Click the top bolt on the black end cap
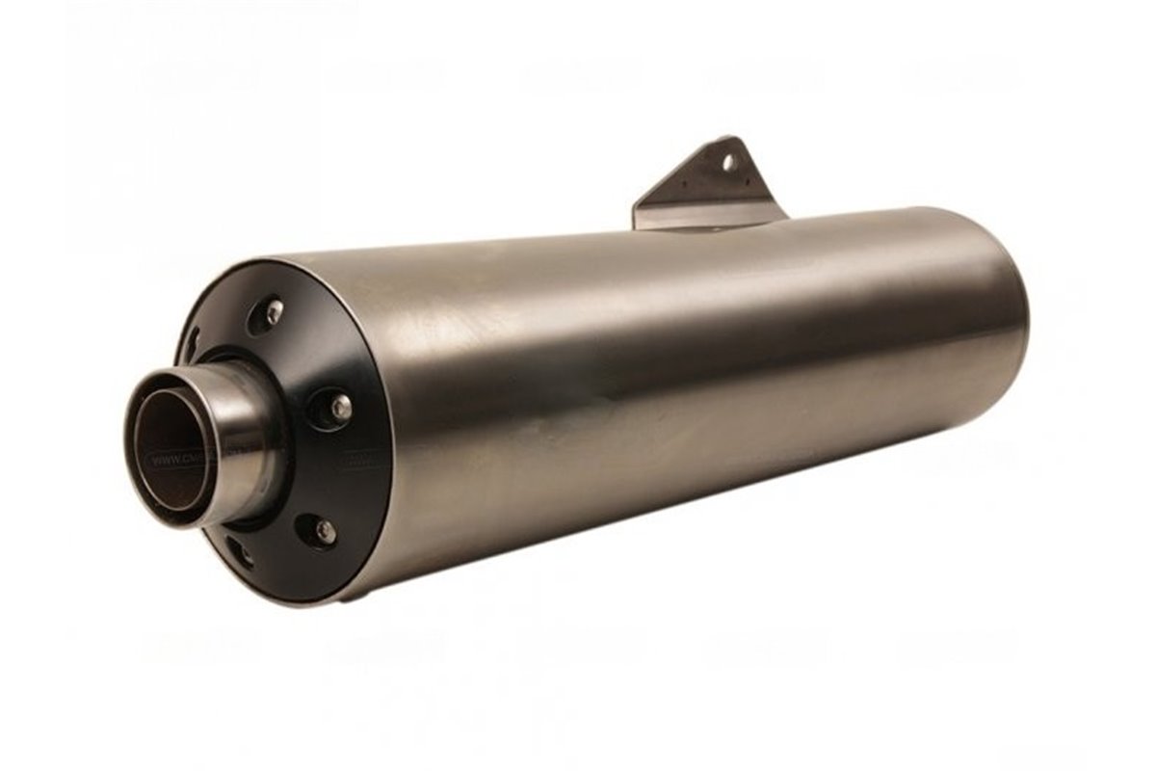273,311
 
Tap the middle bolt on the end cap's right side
339,408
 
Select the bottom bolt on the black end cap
325,531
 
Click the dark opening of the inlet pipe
171,448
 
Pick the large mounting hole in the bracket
729,162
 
